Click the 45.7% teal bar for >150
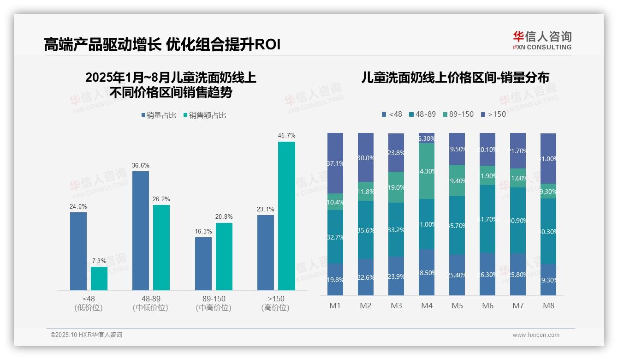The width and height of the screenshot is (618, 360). pyautogui.click(x=286, y=216)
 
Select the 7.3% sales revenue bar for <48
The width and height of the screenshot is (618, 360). pyautogui.click(x=99, y=278)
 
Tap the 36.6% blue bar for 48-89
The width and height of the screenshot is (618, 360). pyautogui.click(x=141, y=230)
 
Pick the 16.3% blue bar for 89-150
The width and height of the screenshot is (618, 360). pyautogui.click(x=203, y=264)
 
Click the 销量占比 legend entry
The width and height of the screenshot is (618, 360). pyautogui.click(x=159, y=115)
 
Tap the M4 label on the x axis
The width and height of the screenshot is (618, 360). pyautogui.click(x=427, y=306)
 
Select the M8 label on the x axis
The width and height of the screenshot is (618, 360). pyautogui.click(x=548, y=306)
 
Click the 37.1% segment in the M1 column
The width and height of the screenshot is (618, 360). pyautogui.click(x=335, y=163)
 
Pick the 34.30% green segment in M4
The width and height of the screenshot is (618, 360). pyautogui.click(x=427, y=171)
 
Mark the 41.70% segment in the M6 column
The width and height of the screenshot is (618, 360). pyautogui.click(x=487, y=219)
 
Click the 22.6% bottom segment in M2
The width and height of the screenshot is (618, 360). pyautogui.click(x=366, y=277)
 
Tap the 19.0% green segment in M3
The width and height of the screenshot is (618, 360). pyautogui.click(x=396, y=187)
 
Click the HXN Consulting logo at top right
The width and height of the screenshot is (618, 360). pyautogui.click(x=542, y=41)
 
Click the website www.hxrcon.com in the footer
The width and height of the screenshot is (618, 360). pyautogui.click(x=536, y=335)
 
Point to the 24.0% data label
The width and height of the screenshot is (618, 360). pyautogui.click(x=78, y=207)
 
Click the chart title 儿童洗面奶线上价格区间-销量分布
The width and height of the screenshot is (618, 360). pyautogui.click(x=455, y=78)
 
